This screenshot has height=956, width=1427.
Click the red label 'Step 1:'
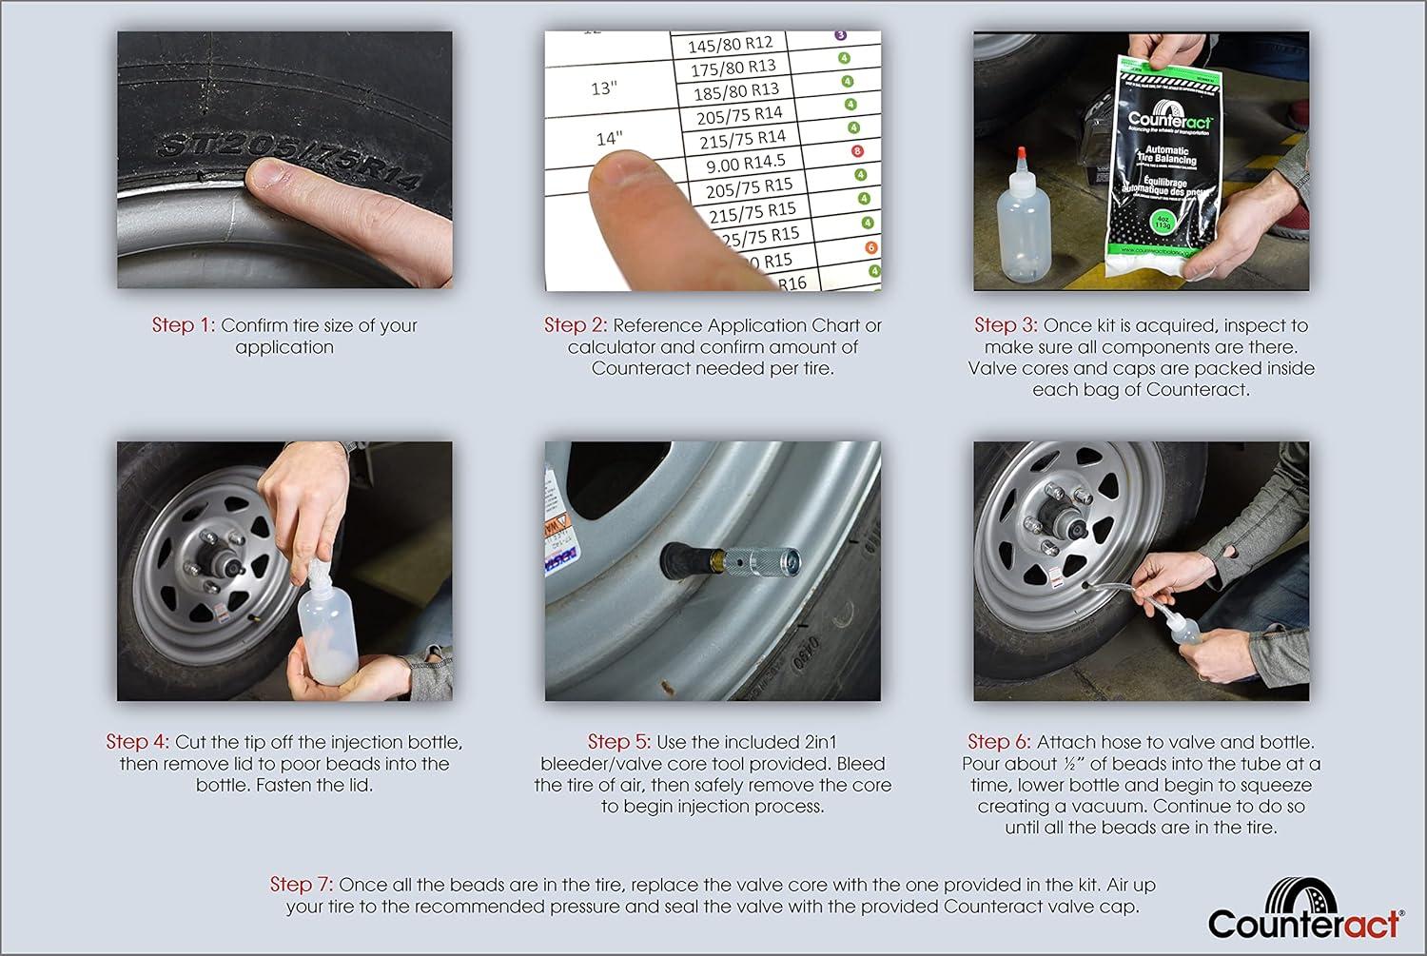pos(184,325)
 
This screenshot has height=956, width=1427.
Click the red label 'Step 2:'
pos(576,325)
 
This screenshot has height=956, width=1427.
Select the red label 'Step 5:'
pos(619,742)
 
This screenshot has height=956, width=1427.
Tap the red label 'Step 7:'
pos(302,885)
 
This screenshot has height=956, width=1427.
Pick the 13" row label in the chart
pos(604,88)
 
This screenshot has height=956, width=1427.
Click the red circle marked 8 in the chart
pos(857,151)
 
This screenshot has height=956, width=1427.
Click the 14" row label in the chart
pos(609,138)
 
